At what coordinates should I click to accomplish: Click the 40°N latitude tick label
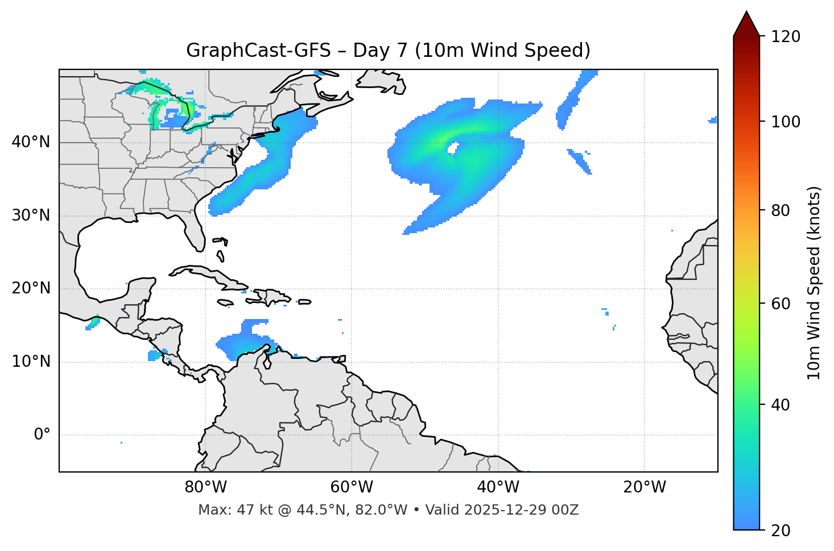31,142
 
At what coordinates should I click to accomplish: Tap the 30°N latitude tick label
31,216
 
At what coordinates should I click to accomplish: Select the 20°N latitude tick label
31,289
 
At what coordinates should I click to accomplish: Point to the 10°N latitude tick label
31,362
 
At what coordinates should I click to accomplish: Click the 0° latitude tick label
42,435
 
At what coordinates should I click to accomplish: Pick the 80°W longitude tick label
205,487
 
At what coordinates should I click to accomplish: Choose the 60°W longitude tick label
352,487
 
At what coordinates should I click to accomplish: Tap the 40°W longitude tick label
498,487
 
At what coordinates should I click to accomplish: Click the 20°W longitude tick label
644,487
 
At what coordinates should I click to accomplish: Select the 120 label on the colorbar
785,36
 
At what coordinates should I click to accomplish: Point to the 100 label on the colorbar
785,122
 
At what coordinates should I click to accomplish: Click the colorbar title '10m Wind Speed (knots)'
815,283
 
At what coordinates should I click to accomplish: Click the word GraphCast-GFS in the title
258,51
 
